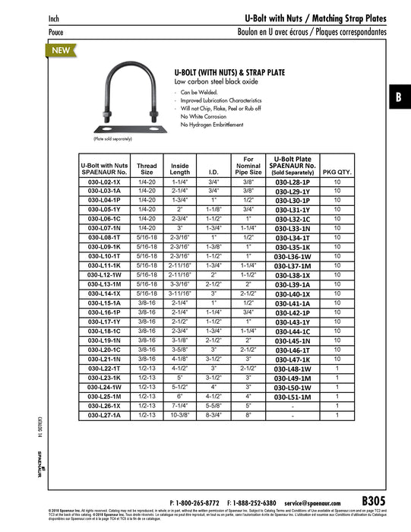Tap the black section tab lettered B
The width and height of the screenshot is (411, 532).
397,97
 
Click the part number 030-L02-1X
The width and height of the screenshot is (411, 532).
100,183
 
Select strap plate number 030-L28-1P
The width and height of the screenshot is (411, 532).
292,183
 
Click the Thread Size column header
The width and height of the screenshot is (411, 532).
147,169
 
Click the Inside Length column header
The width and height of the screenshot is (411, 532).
180,169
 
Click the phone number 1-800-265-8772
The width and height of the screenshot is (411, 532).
199,503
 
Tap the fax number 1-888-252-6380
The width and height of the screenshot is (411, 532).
258,503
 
